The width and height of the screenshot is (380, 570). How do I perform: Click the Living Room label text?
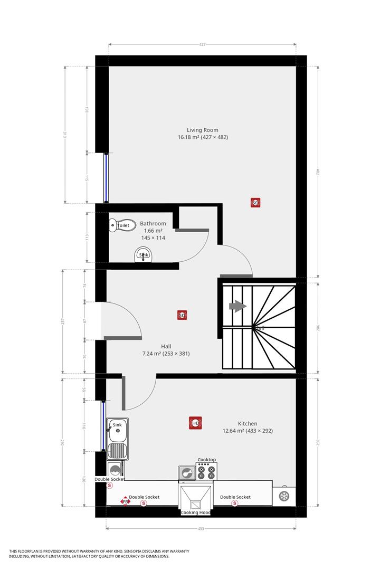pyautogui.click(x=202, y=130)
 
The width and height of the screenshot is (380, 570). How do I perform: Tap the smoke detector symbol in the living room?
pyautogui.click(x=255, y=203)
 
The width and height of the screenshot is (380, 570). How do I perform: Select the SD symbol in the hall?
pyautogui.click(x=182, y=316)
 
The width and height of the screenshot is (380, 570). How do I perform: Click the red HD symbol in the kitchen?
pyautogui.click(x=195, y=423)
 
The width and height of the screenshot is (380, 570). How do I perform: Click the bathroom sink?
pyautogui.click(x=143, y=256)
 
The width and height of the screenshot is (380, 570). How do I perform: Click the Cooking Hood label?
pyautogui.click(x=195, y=512)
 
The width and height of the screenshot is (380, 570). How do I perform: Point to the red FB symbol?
pyautogui.click(x=125, y=501)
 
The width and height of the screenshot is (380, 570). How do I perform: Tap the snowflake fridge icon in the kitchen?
pyautogui.click(x=284, y=496)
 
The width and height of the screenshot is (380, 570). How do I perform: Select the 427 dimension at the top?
pyautogui.click(x=202, y=45)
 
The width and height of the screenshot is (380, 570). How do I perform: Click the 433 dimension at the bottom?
pyautogui.click(x=201, y=528)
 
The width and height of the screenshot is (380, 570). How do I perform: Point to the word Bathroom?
pyautogui.click(x=153, y=223)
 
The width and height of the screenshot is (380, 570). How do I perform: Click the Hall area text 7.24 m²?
pyautogui.click(x=166, y=354)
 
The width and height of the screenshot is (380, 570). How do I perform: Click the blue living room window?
pyautogui.click(x=107, y=178)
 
